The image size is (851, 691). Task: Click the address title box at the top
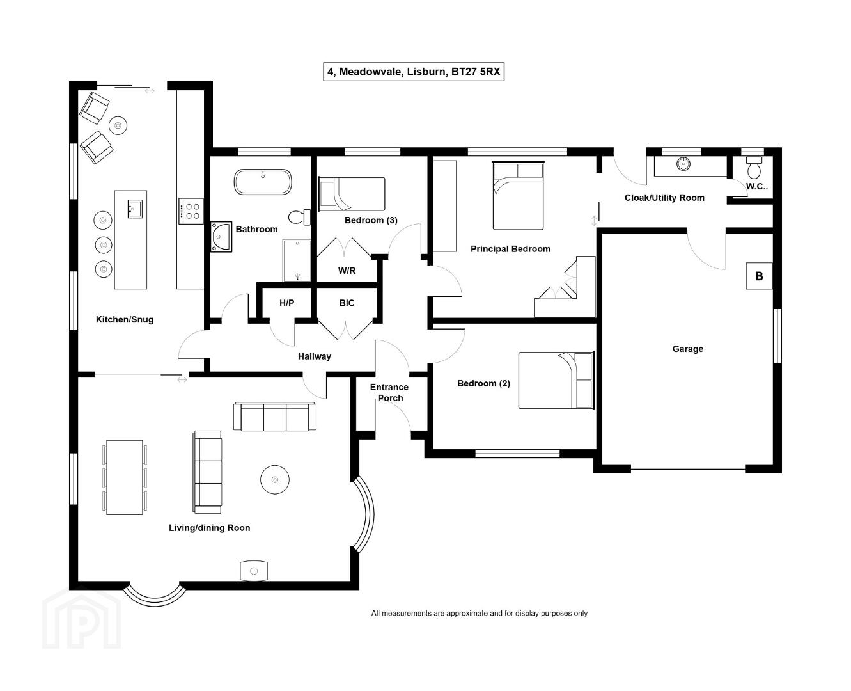click(x=413, y=72)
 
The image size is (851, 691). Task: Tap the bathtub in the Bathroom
click(x=263, y=182)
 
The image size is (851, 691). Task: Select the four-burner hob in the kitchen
click(x=191, y=211)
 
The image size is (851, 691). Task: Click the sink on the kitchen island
click(x=135, y=209)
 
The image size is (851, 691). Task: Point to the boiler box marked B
click(x=759, y=276)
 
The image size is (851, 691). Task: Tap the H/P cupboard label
click(x=286, y=303)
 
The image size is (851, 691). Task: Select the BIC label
click(x=347, y=303)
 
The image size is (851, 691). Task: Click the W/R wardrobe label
click(x=347, y=271)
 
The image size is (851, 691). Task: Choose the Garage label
click(x=687, y=349)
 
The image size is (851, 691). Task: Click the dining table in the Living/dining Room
click(x=125, y=477)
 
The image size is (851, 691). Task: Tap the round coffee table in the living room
click(x=274, y=479)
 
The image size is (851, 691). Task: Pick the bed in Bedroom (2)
click(x=556, y=380)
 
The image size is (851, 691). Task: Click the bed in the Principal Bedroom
click(x=518, y=195)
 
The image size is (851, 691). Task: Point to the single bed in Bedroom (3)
click(x=352, y=194)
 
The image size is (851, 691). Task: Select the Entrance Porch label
click(x=389, y=392)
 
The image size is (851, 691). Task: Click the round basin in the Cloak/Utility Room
click(x=683, y=163)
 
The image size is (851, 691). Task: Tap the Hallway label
click(x=315, y=356)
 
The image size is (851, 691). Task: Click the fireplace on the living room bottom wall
click(x=254, y=571)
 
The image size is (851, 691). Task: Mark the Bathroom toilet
click(x=299, y=217)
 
